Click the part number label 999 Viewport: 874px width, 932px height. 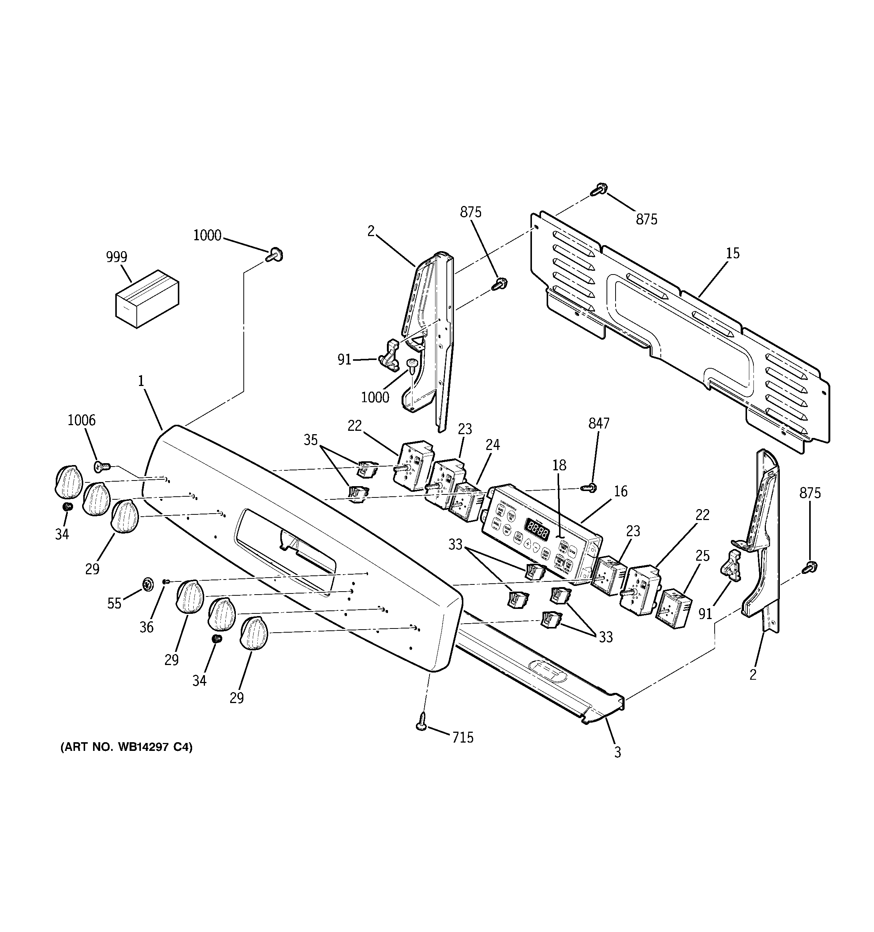click(x=116, y=257)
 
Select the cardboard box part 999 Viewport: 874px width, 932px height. click(x=147, y=299)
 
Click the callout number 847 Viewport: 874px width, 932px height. click(x=599, y=423)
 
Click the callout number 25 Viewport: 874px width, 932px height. click(x=702, y=556)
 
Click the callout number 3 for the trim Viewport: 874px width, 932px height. click(x=617, y=752)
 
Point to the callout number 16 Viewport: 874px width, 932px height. click(x=620, y=491)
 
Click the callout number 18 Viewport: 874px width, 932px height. click(x=559, y=465)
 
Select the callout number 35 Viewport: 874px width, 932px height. click(x=310, y=440)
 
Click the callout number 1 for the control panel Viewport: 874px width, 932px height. click(x=141, y=381)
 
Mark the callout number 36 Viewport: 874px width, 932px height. click(x=147, y=627)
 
